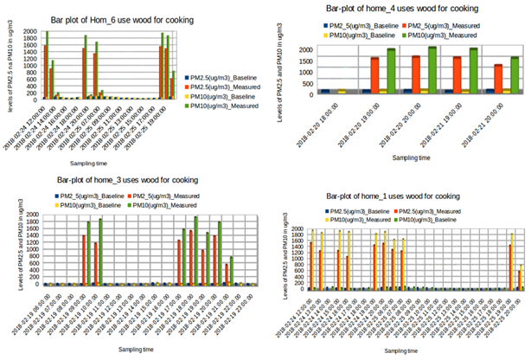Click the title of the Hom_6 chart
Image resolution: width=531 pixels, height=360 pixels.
click(x=120, y=19)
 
